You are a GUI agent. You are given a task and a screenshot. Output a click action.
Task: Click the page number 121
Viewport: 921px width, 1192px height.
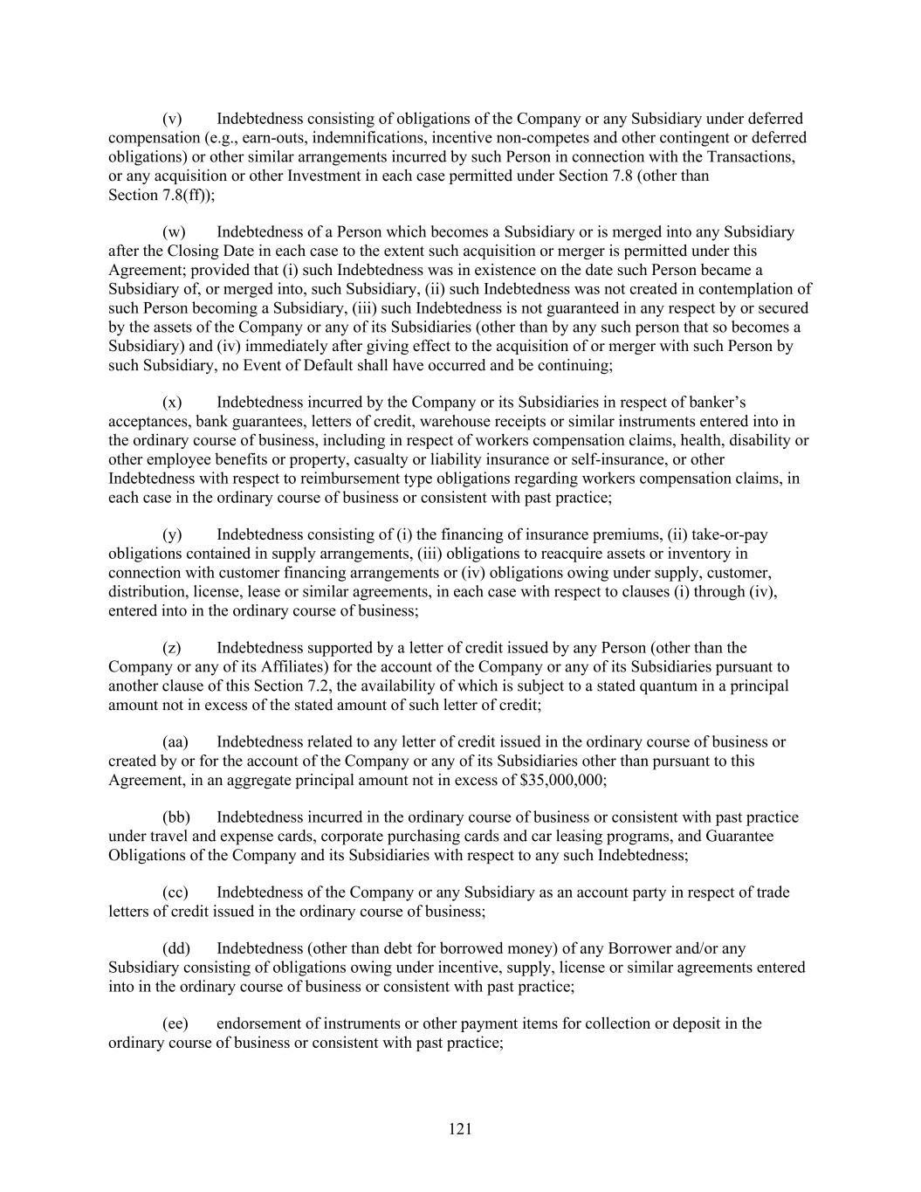[x=460, y=1129]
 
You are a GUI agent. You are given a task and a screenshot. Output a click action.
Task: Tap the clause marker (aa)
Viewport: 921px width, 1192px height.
[x=175, y=742]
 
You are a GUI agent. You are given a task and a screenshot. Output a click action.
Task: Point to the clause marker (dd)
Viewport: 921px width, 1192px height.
[x=176, y=948]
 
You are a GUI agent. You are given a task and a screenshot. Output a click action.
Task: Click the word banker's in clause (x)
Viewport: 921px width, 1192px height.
[x=718, y=403]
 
